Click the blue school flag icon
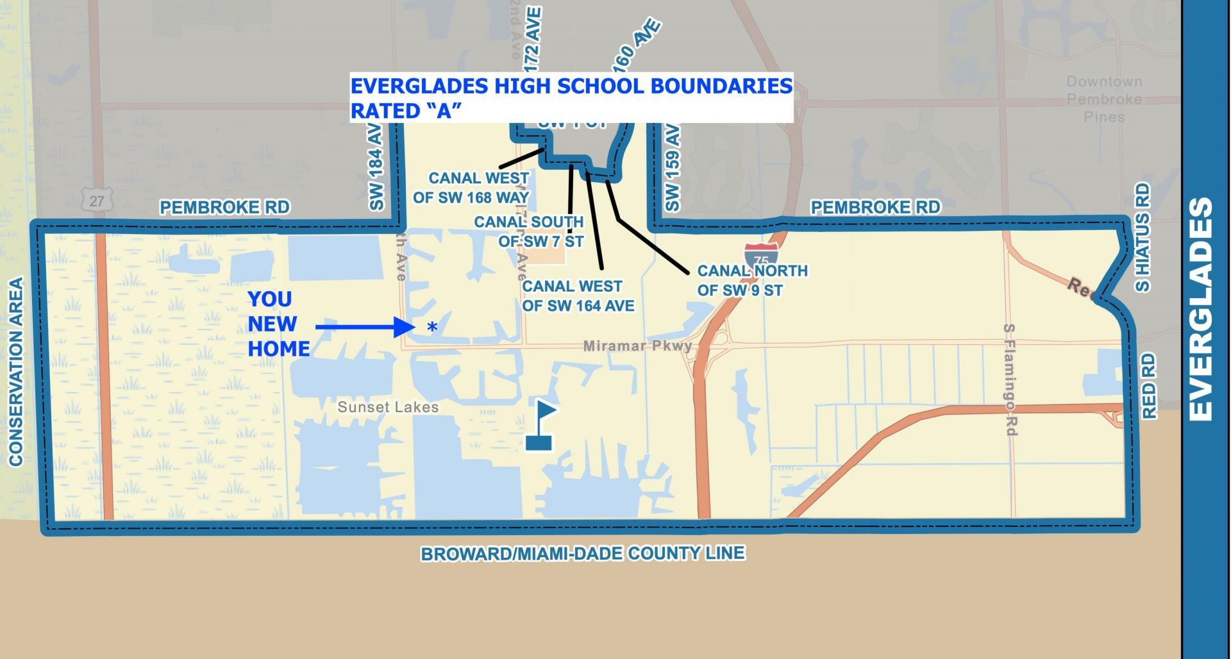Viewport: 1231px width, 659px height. click(x=540, y=425)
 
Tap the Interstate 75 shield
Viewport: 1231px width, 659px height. click(x=761, y=254)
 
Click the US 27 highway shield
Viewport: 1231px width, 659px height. click(x=97, y=200)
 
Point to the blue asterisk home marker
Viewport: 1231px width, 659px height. click(x=433, y=328)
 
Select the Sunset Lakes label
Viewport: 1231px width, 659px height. click(x=388, y=407)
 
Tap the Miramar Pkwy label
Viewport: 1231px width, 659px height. click(x=637, y=346)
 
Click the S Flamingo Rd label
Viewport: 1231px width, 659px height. click(x=1010, y=380)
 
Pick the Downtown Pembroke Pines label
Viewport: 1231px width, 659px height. click(x=1104, y=99)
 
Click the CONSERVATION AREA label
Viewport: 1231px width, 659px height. click(x=16, y=371)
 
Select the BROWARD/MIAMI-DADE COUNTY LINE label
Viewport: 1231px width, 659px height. click(x=582, y=553)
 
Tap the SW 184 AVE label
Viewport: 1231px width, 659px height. click(x=376, y=167)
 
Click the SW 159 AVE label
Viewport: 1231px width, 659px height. click(x=671, y=167)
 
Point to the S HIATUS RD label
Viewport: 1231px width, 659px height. click(x=1143, y=237)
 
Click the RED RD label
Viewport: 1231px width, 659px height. click(x=1149, y=385)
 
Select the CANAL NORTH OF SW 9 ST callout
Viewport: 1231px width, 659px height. click(x=752, y=281)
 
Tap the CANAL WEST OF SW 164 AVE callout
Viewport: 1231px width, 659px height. click(x=578, y=296)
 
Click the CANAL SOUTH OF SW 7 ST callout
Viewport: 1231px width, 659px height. click(x=529, y=231)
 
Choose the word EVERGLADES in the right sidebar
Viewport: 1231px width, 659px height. click(x=1201, y=309)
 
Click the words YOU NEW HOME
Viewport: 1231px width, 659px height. click(x=278, y=324)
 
